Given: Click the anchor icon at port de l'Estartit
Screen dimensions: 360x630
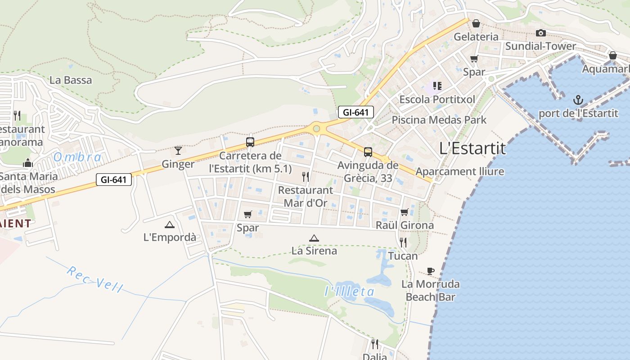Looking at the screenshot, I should (x=578, y=99).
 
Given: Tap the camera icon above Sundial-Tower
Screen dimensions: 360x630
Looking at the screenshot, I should (x=541, y=33).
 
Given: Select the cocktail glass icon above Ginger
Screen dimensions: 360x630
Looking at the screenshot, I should (x=178, y=150).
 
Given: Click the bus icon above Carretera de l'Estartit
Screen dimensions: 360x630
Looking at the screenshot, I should (x=250, y=142).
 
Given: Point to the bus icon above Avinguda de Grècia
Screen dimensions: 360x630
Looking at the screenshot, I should (x=368, y=152).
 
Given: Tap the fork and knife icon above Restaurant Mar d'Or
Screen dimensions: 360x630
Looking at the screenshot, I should (x=306, y=176).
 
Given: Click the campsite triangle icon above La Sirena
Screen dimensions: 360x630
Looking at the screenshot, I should (x=314, y=238).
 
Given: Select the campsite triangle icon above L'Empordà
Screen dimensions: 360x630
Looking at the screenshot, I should (x=170, y=225).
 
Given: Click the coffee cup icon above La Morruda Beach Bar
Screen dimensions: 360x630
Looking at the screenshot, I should (x=431, y=271).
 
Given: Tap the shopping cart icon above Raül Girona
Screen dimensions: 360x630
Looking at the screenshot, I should (x=404, y=212).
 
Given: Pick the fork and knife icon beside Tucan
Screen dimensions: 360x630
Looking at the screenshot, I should (x=403, y=243).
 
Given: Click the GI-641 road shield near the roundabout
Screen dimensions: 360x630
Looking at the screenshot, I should (x=356, y=112).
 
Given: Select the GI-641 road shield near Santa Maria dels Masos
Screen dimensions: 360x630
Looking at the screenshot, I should (x=114, y=180).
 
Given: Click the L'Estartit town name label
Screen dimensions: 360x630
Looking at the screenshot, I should (x=472, y=148).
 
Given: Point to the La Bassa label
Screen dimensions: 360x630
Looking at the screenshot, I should (x=71, y=81).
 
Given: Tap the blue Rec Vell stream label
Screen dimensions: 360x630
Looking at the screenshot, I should (x=94, y=279).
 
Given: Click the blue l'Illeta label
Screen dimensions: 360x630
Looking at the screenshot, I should (x=349, y=292).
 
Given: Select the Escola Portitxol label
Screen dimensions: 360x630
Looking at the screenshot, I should (x=433, y=99).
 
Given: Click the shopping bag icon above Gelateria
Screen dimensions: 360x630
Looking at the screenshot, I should (x=476, y=23).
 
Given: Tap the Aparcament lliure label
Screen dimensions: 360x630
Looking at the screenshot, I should (x=459, y=171).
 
